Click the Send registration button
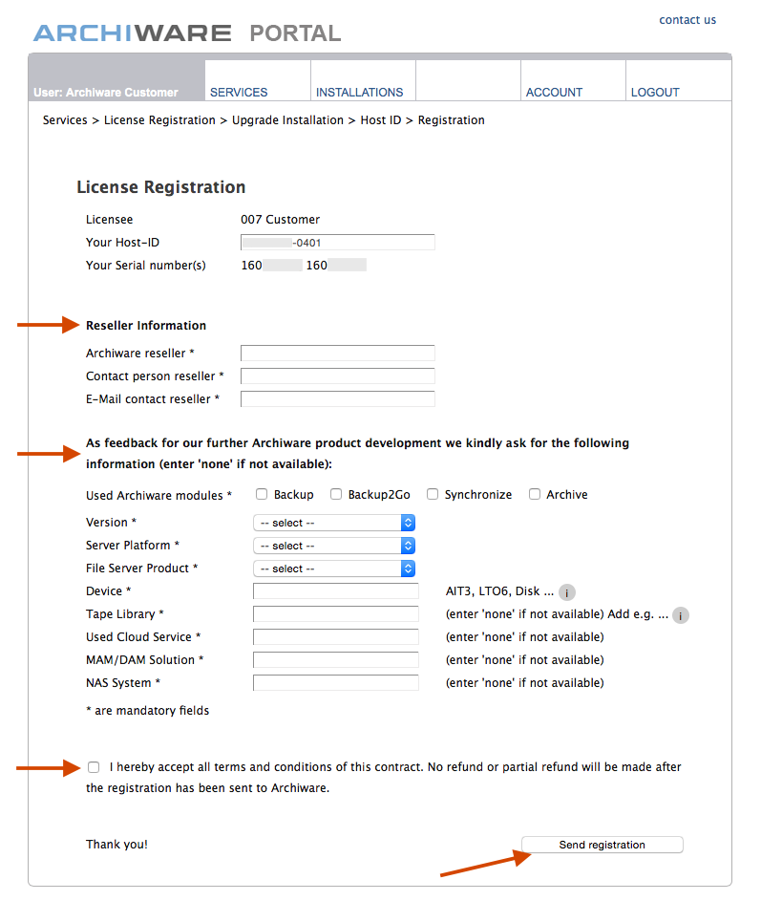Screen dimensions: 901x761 (602, 845)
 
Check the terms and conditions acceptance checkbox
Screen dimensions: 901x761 (93, 767)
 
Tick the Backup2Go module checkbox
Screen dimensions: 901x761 (336, 495)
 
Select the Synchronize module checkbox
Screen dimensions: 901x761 (433, 495)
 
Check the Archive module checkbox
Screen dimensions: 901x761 (536, 495)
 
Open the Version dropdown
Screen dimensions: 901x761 (334, 523)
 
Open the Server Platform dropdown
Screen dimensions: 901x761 (334, 546)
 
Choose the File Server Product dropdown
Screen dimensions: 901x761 (334, 568)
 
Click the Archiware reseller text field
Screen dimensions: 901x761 (337, 354)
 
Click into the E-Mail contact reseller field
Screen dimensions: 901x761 (337, 399)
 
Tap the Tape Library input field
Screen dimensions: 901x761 (335, 614)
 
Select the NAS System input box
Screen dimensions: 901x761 (335, 683)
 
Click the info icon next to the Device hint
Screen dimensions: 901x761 (567, 592)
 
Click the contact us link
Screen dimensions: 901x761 (687, 20)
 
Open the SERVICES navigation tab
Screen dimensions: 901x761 (239, 93)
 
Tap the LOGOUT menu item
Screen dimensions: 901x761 (655, 93)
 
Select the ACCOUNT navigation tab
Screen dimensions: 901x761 (554, 93)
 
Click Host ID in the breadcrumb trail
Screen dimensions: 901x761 (381, 120)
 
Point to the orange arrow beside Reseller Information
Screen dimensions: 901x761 (47, 325)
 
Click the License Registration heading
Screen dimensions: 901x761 (161, 187)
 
